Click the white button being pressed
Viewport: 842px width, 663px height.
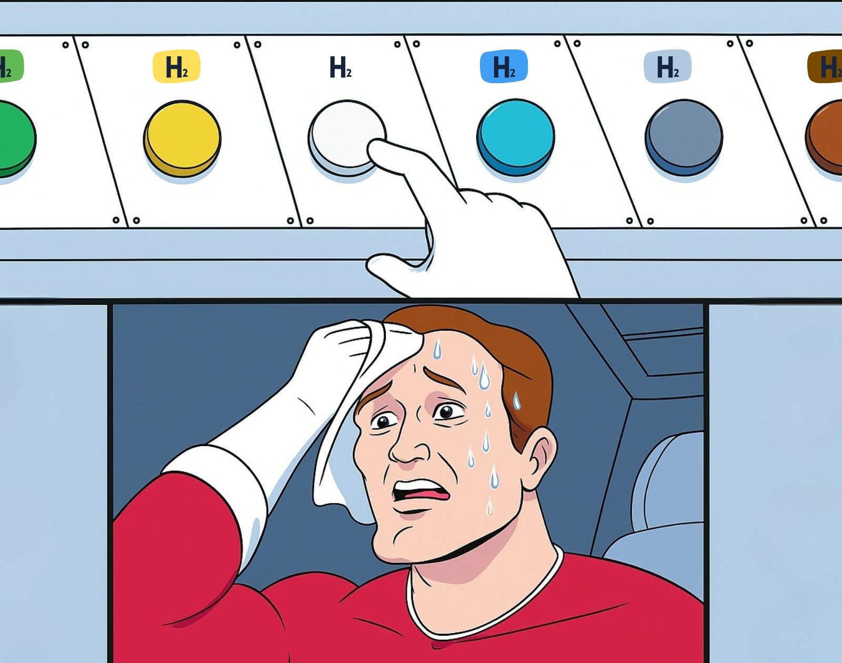[x=344, y=135]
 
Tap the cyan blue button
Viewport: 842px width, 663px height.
[x=515, y=137]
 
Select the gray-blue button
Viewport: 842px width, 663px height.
[x=684, y=137]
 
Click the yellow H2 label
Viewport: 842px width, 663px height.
[x=176, y=66]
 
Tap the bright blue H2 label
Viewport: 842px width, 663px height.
[x=504, y=66]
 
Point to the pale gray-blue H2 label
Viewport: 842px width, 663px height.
[x=667, y=66]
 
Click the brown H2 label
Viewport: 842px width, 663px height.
[x=825, y=66]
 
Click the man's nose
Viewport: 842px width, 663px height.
[x=407, y=450]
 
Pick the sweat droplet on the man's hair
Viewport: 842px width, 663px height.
[x=517, y=400]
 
